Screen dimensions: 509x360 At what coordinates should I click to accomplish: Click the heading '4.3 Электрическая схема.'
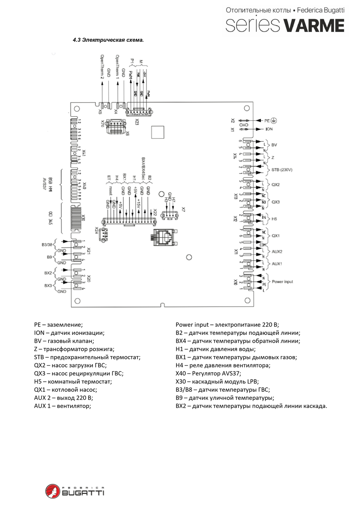click(108, 40)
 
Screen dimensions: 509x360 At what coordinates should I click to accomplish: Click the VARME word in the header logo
click(314, 26)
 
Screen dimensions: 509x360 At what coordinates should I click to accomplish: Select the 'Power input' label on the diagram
click(282, 282)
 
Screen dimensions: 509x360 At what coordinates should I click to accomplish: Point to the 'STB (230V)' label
click(282, 170)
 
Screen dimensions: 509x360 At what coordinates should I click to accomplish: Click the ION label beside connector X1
click(269, 129)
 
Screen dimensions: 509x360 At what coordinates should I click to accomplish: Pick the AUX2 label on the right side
click(277, 252)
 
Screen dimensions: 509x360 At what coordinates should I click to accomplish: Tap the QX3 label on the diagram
click(275, 202)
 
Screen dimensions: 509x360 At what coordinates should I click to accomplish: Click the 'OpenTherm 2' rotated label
click(102, 67)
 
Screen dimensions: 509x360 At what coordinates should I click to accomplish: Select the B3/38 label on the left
click(47, 245)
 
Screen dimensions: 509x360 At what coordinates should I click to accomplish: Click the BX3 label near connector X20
click(48, 286)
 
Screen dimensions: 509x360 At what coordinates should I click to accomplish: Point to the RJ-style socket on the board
click(164, 237)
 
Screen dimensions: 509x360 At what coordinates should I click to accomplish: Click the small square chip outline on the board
click(158, 132)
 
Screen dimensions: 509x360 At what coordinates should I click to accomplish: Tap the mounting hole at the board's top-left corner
click(77, 109)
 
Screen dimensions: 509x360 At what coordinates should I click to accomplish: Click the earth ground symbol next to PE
click(274, 121)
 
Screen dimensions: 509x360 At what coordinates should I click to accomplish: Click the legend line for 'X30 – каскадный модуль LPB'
click(217, 382)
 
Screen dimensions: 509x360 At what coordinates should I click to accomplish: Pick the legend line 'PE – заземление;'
click(58, 325)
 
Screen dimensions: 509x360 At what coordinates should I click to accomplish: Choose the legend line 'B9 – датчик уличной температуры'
click(225, 398)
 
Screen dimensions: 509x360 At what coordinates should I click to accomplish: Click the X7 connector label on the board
click(183, 209)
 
